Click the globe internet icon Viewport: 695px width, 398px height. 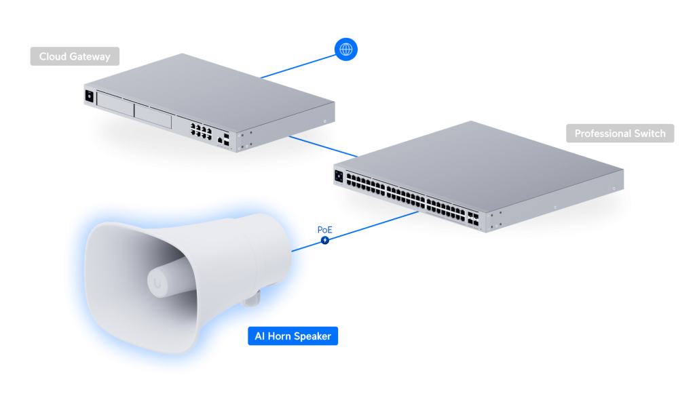(x=346, y=49)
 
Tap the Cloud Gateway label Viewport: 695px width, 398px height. (x=75, y=56)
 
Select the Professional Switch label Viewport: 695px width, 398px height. (x=620, y=134)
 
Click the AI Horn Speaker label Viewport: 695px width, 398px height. (x=293, y=336)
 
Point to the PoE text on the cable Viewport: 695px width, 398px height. (x=326, y=230)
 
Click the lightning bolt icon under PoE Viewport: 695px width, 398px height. (x=326, y=240)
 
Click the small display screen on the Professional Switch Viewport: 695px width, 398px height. (x=339, y=176)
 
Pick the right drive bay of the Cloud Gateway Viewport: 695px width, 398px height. (x=153, y=115)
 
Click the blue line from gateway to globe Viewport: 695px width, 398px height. (x=299, y=64)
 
